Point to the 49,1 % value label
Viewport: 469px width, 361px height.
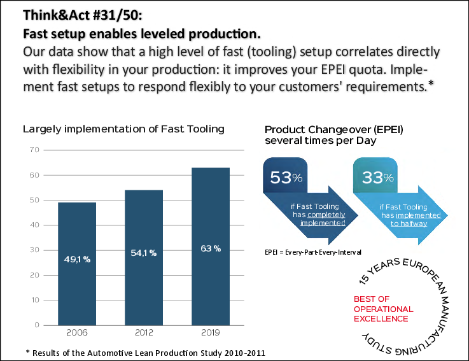[x=76, y=259]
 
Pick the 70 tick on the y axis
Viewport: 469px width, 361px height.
[x=35, y=150]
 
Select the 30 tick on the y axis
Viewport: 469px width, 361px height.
[x=35, y=250]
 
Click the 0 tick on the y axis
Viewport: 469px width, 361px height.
[x=37, y=325]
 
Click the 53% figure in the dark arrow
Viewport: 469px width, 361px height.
[x=285, y=178]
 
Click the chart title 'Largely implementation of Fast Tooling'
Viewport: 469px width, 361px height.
[x=123, y=129]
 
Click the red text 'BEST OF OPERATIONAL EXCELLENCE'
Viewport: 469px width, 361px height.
[x=383, y=309]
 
